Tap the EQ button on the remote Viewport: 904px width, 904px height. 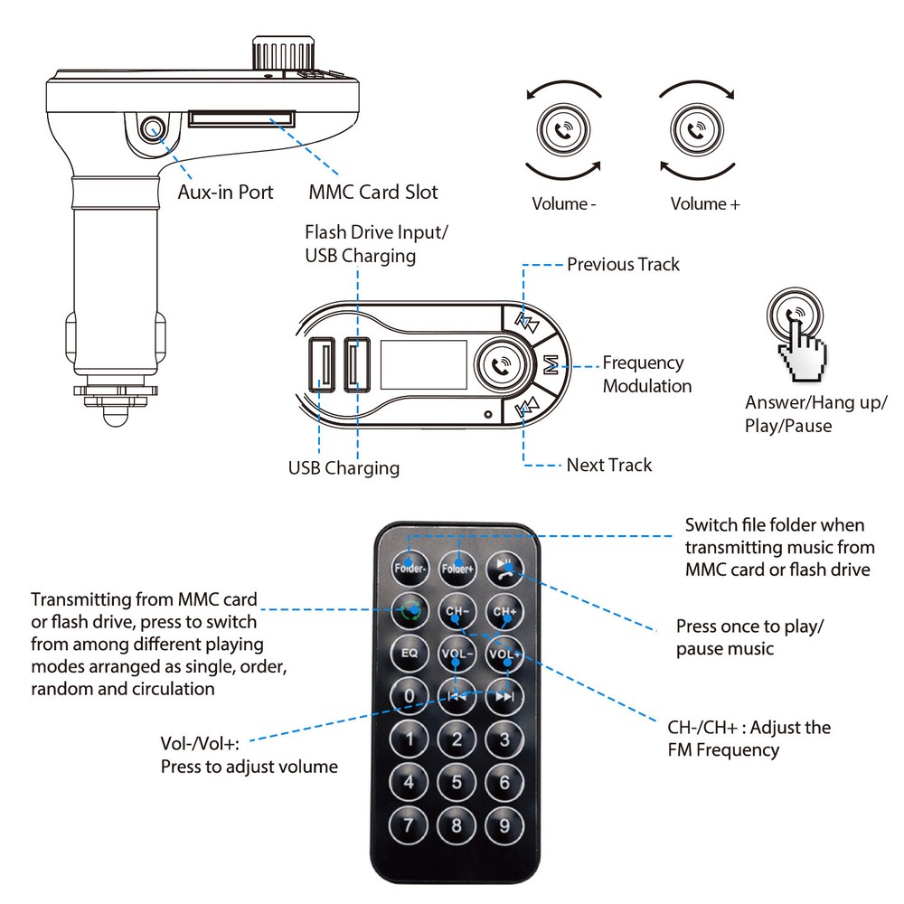pos(410,653)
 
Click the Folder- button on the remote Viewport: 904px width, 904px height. pos(410,569)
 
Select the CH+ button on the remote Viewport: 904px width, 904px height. pos(504,612)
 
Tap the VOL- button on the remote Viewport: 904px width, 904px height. pos(457,653)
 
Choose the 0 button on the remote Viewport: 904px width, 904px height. pos(410,695)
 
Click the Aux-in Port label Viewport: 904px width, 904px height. pos(225,192)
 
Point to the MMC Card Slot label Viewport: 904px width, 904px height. pos(372,192)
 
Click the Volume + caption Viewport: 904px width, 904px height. pos(705,204)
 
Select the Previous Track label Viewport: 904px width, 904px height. pos(623,265)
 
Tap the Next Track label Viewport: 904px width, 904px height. pos(608,465)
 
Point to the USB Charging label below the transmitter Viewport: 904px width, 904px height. pos(344,468)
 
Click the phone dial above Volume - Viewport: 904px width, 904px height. pos(564,131)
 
